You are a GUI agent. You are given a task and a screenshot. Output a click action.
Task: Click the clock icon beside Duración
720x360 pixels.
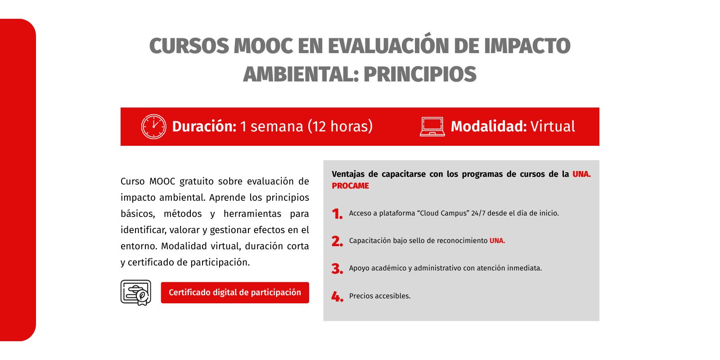153,126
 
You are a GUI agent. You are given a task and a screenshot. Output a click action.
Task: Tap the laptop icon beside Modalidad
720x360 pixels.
432,126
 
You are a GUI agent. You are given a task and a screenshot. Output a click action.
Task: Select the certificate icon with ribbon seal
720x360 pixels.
135,292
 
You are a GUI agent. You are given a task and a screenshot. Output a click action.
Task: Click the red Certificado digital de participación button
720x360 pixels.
235,292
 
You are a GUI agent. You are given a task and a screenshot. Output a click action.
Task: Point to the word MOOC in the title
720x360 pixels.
263,45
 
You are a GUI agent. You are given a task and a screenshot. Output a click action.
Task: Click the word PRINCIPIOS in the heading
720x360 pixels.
420,74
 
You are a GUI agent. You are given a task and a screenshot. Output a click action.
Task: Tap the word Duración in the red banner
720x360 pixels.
204,126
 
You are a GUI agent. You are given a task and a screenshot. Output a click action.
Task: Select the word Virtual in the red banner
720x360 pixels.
553,126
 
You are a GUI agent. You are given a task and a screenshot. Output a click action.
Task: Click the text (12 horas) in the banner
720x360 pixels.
340,126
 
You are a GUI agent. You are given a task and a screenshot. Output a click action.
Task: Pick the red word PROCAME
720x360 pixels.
351,186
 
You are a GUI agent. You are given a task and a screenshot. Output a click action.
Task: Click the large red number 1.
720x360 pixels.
337,214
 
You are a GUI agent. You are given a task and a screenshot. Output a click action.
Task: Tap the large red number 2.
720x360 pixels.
337,241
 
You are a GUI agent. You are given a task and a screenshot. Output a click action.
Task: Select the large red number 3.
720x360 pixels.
337,269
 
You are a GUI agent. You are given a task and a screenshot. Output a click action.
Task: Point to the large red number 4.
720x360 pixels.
337,297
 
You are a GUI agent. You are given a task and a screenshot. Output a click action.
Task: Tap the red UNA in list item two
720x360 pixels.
497,240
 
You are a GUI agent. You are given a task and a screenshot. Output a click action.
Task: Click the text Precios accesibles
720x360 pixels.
380,296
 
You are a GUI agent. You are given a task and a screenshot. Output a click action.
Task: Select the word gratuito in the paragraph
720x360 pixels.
196,182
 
